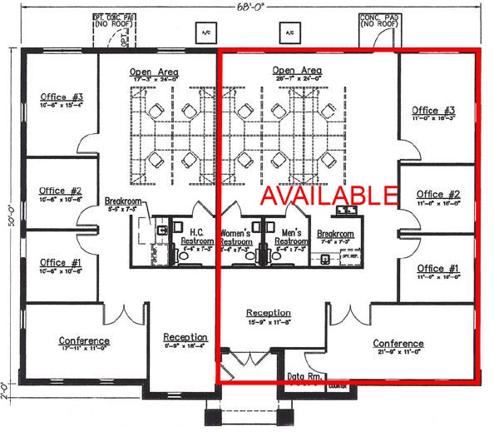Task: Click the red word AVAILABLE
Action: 330,195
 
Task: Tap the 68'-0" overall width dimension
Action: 247,7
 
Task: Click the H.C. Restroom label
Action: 197,236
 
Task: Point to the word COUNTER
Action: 338,387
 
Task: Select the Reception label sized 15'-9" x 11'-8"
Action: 269,314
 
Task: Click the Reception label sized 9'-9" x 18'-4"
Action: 185,337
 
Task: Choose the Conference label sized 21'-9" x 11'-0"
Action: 398,344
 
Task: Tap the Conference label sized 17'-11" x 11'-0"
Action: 84,341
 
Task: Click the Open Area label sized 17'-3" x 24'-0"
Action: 154,72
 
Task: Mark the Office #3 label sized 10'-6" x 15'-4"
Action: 61,97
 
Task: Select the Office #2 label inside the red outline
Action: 437,195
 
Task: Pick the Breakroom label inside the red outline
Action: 336,235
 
